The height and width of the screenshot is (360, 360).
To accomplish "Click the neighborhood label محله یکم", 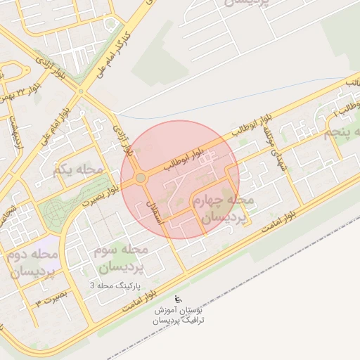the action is click(x=77, y=169).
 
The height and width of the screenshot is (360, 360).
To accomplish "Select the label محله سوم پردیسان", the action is click(x=122, y=258).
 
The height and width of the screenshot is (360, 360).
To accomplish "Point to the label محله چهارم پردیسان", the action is click(x=223, y=210).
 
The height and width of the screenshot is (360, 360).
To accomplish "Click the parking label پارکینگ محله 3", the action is click(x=115, y=286).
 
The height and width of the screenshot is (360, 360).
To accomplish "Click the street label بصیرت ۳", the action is click(x=49, y=300).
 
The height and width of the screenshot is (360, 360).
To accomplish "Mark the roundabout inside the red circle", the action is click(x=141, y=178).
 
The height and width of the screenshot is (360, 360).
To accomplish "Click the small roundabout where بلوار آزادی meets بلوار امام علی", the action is click(x=81, y=91).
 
